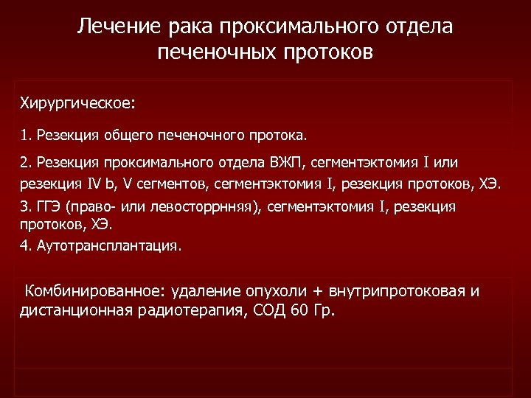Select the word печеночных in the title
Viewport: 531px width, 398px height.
213,53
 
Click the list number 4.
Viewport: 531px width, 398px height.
24,245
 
